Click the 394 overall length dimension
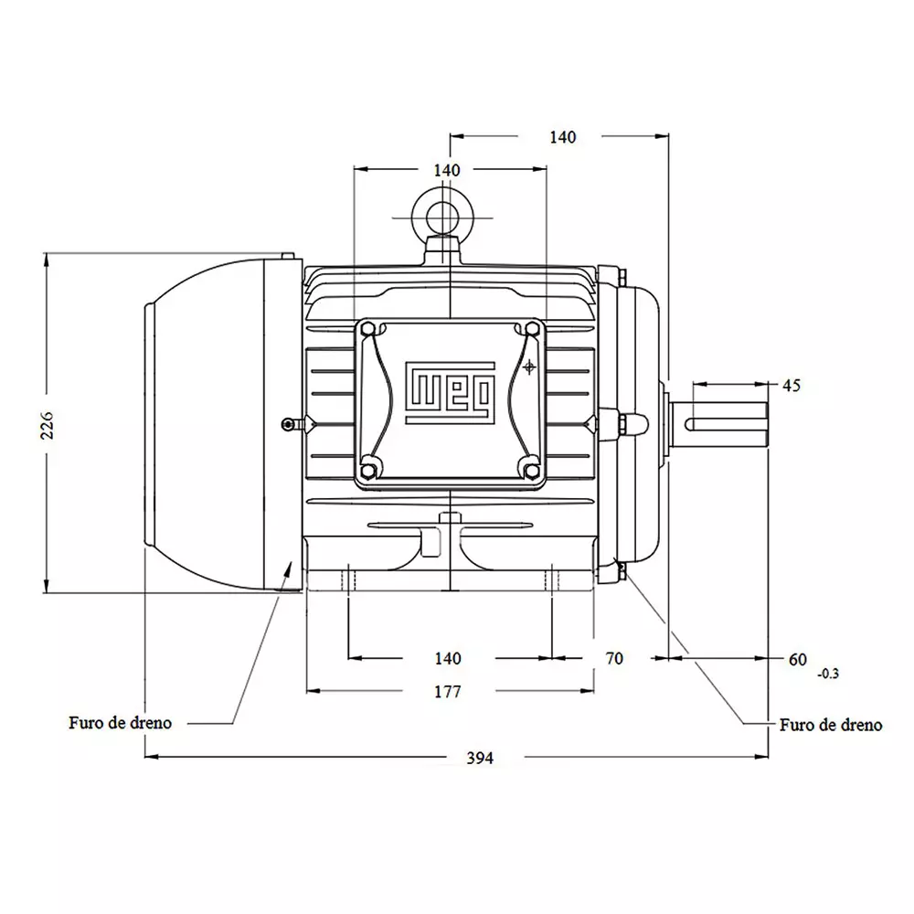pyautogui.click(x=479, y=758)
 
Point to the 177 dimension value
pyautogui.click(x=447, y=692)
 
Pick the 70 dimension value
pyautogui.click(x=614, y=658)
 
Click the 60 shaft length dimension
pyautogui.click(x=798, y=658)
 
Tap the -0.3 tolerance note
pyautogui.click(x=827, y=675)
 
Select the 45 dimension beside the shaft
pyautogui.click(x=792, y=386)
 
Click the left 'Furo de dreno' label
pyautogui.click(x=120, y=722)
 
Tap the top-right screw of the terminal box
pyautogui.click(x=532, y=329)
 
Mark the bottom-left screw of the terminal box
pyautogui.click(x=368, y=470)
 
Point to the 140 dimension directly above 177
pyautogui.click(x=447, y=658)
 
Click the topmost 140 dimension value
pyautogui.click(x=563, y=137)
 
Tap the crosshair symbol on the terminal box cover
pyautogui.click(x=529, y=367)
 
